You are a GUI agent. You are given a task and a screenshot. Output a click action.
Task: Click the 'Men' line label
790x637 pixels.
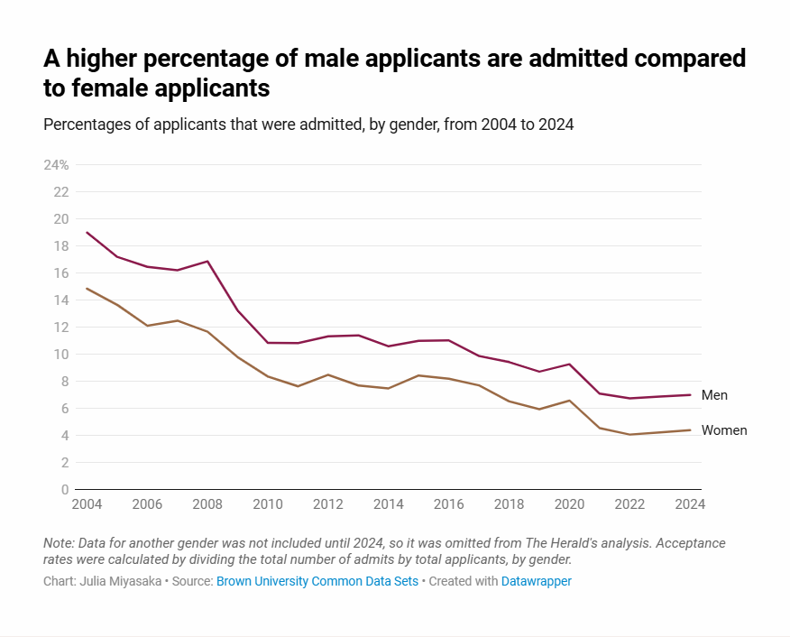tap(714, 395)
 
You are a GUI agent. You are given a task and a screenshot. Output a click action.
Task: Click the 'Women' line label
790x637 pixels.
tap(724, 430)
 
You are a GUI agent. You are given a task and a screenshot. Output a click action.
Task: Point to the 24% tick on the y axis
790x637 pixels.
tap(56, 165)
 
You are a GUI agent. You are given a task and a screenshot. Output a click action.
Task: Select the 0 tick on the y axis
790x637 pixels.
tap(65, 490)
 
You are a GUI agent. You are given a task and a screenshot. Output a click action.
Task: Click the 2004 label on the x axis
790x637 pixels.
tap(87, 504)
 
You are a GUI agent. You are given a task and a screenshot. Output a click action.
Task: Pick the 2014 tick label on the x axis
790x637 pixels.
tap(389, 504)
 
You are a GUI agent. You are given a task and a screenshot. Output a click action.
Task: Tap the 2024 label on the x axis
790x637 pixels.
tap(689, 504)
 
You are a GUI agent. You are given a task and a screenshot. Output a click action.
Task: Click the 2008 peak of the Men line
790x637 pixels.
tap(208, 262)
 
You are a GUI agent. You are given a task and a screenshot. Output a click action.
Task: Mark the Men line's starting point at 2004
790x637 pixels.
tap(87, 233)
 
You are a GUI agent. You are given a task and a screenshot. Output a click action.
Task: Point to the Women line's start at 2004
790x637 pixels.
tap(87, 289)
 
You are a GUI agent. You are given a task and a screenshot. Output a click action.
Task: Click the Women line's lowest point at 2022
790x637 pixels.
tap(629, 435)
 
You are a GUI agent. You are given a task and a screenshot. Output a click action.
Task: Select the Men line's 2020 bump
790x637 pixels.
tap(569, 364)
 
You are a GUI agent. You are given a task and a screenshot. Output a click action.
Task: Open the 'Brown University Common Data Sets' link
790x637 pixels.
tap(317, 582)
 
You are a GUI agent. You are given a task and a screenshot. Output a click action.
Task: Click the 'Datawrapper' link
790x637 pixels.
tap(537, 582)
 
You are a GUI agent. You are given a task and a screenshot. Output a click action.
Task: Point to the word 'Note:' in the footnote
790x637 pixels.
tap(60, 543)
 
